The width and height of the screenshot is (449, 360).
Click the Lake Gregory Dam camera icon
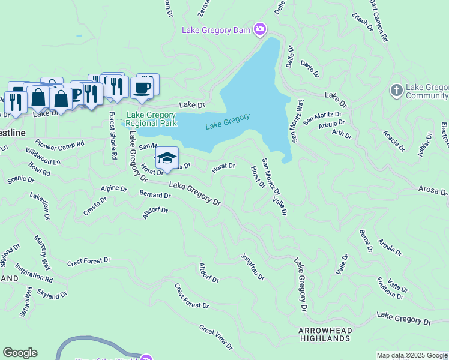coord(260,29)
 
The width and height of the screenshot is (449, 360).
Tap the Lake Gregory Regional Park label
coord(151,119)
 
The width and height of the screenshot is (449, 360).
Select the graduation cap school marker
coord(167,158)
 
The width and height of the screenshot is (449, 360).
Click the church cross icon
coord(396,91)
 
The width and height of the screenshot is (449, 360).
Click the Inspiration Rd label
coord(34,273)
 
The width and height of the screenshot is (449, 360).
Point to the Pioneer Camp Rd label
coord(59,144)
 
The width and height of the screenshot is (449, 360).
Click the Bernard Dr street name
coord(155,195)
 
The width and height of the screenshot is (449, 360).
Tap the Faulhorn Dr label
coord(390,287)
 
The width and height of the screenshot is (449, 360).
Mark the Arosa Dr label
coord(433,191)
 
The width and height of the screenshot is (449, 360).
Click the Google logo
coord(20,353)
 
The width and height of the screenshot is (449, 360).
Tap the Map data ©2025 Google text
coord(411,355)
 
